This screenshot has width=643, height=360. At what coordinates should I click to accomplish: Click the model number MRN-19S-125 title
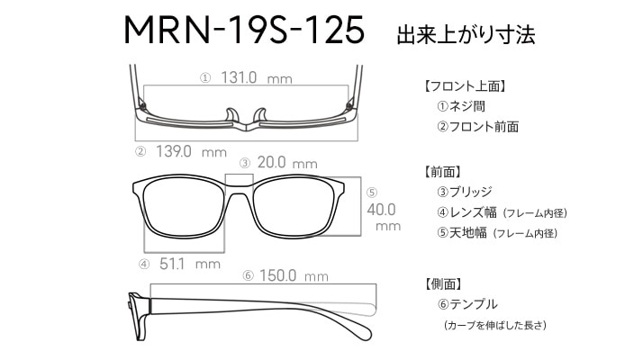[x=244, y=30]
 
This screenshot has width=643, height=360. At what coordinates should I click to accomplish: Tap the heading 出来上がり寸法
[x=466, y=34]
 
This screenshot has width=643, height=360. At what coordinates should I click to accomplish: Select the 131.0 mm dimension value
[x=257, y=77]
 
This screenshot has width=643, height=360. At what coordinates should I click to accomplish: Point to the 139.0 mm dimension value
[x=191, y=152]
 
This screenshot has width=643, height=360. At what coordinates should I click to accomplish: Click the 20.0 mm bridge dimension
[x=287, y=163]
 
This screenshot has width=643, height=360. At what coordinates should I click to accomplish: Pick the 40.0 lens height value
[x=381, y=210]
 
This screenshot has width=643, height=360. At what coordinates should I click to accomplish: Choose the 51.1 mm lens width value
[x=190, y=264]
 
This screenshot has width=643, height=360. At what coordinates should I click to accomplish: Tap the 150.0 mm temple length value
[x=294, y=275]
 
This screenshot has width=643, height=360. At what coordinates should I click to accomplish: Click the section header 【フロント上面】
[x=465, y=86]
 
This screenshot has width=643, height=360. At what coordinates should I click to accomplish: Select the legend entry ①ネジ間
[x=461, y=106]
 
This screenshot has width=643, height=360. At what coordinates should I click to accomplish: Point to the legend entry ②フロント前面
[x=477, y=127]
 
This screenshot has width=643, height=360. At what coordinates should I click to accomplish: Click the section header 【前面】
[x=442, y=172]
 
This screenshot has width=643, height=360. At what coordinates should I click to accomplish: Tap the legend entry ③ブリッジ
[x=465, y=192]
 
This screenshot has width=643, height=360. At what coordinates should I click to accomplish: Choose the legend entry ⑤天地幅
[x=462, y=233]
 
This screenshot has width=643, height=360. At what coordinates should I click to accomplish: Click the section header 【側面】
[x=442, y=283]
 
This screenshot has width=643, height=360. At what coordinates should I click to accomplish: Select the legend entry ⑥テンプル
[x=467, y=304]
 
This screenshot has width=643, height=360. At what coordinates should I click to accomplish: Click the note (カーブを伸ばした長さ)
[x=495, y=325]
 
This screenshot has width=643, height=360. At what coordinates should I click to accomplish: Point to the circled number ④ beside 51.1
[x=144, y=265]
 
